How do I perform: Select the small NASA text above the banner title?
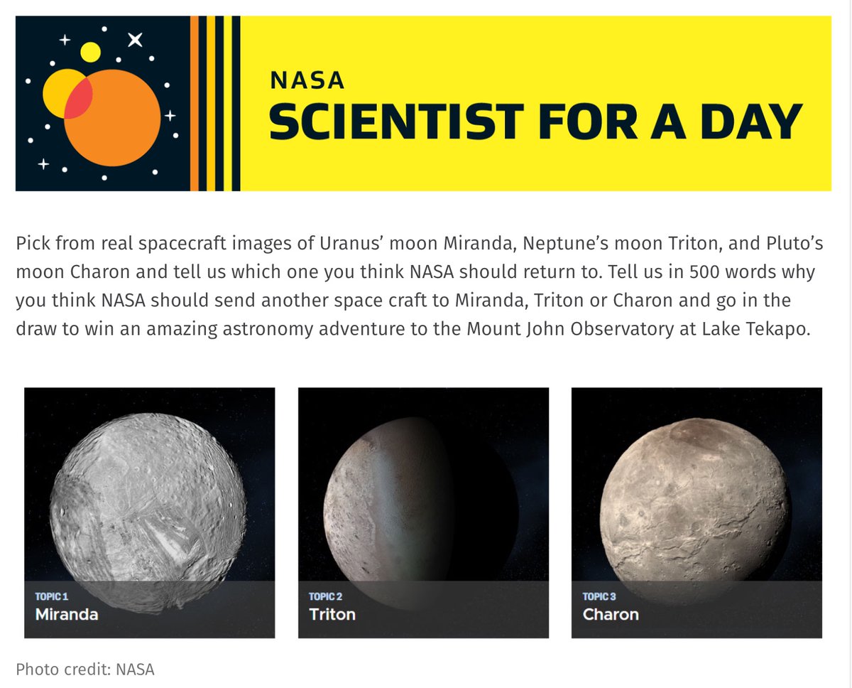[x=307, y=80]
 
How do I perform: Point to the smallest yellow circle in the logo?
[x=90, y=52]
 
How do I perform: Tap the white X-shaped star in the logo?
[x=134, y=40]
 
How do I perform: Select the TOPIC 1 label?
[x=52, y=596]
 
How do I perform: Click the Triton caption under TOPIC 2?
[x=332, y=614]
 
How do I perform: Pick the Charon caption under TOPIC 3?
[x=611, y=614]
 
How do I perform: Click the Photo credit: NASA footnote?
[x=84, y=669]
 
